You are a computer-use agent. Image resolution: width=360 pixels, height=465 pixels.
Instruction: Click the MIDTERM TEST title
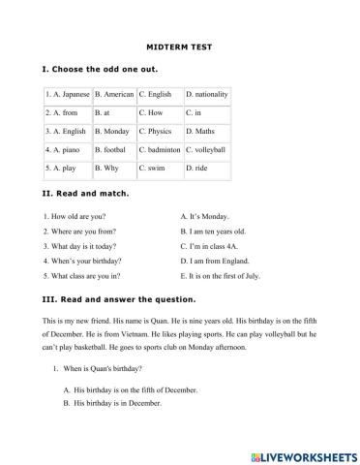(x=180, y=45)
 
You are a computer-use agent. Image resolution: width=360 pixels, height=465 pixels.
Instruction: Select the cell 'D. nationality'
(x=206, y=94)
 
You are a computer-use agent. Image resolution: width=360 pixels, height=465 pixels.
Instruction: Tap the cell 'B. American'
(x=114, y=94)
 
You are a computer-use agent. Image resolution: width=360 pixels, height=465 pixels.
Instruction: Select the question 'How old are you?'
(x=78, y=216)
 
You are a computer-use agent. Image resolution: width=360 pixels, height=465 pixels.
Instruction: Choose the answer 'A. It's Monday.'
(x=205, y=216)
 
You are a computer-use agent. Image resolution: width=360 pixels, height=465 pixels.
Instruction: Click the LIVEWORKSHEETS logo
(x=301, y=452)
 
